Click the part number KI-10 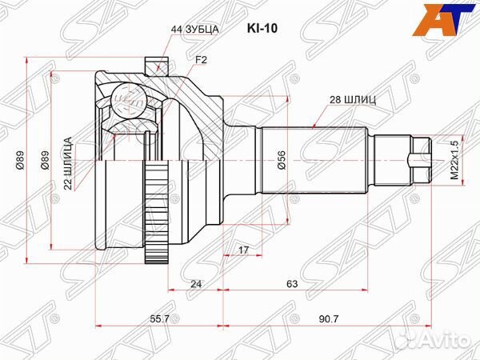(x=262, y=29)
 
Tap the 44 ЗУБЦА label (x=194, y=30)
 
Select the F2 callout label (x=201, y=60)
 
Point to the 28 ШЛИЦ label (x=353, y=100)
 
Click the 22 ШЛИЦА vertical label (x=68, y=163)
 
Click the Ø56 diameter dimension (x=282, y=160)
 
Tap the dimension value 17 (x=243, y=250)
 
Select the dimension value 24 (x=196, y=284)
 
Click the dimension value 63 (x=292, y=284)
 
